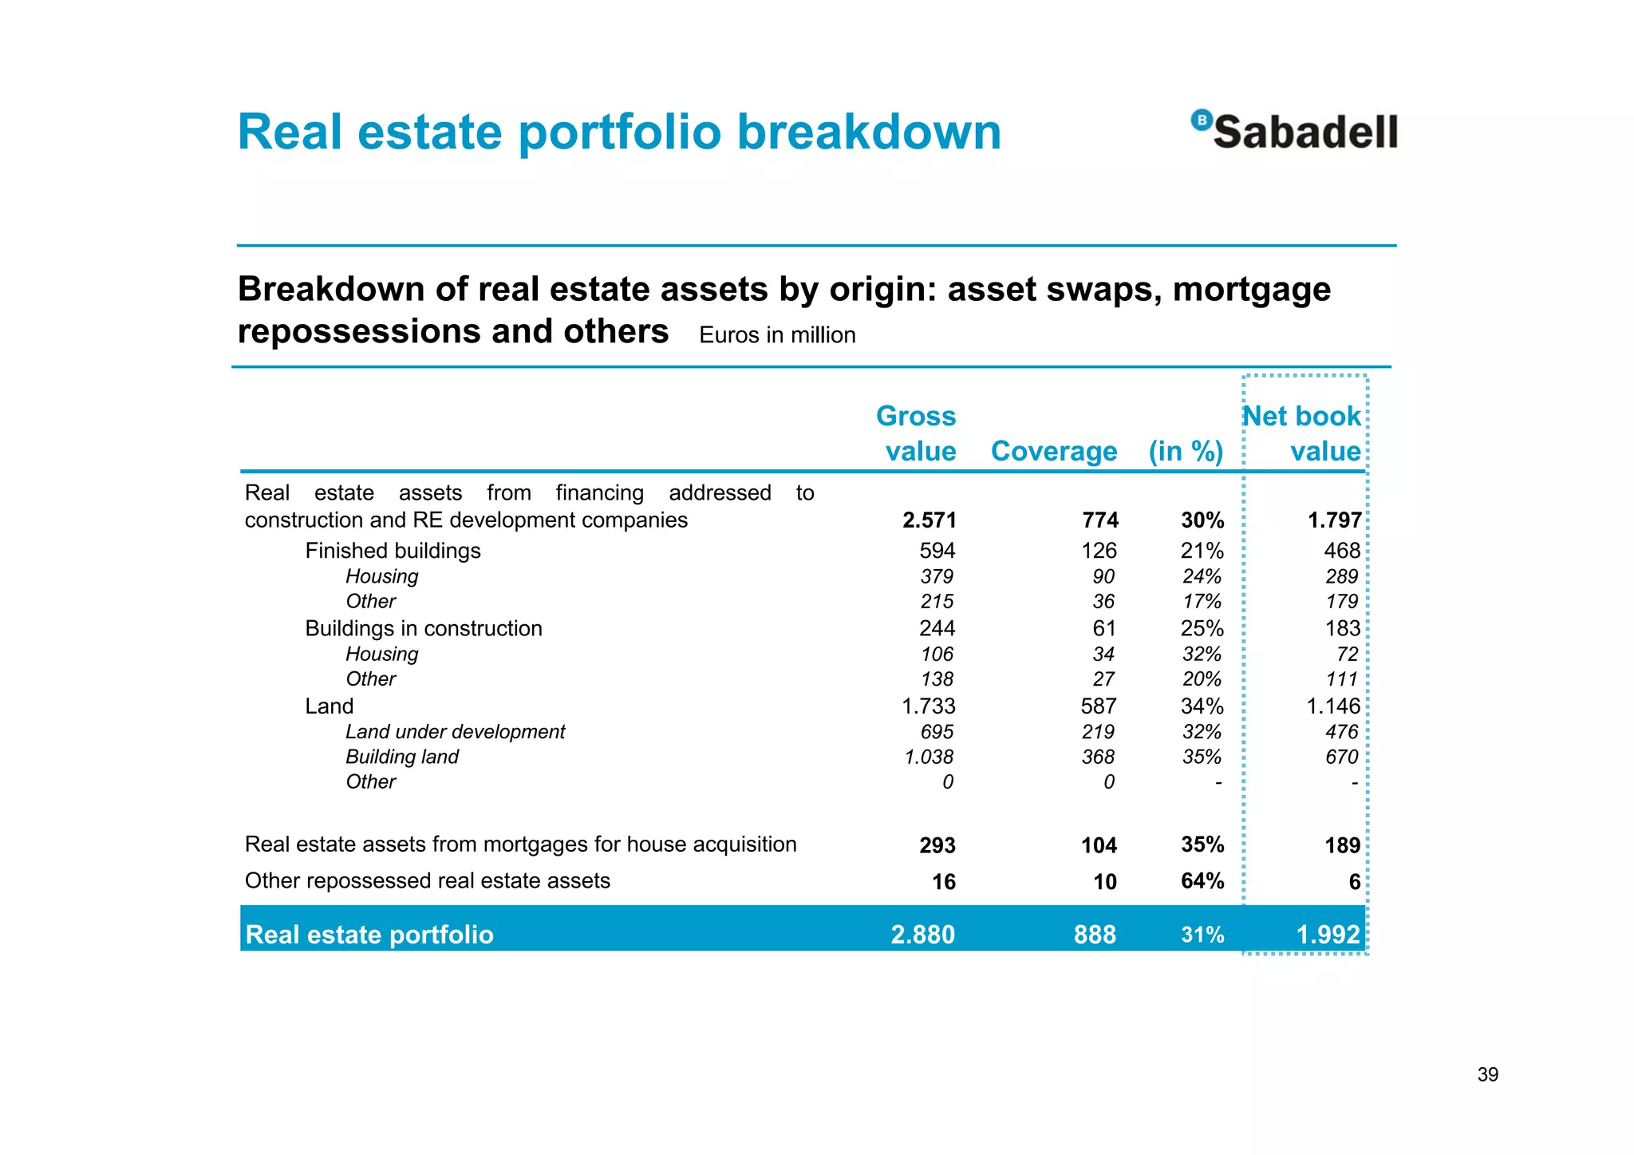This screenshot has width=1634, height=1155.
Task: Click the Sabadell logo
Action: (1294, 131)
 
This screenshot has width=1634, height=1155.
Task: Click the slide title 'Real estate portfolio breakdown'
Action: (619, 132)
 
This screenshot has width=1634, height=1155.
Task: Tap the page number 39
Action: (1487, 1074)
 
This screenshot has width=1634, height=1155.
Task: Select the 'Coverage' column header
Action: (1053, 451)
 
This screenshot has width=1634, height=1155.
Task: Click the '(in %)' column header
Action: (1186, 451)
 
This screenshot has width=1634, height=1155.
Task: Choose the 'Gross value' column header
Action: (917, 433)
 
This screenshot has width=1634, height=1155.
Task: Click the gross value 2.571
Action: (929, 520)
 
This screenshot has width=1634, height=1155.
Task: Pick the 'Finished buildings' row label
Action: (393, 551)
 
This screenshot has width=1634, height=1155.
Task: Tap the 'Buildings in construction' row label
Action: (423, 628)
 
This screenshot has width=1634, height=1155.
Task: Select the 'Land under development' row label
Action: (455, 732)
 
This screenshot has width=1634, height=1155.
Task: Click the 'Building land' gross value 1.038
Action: (929, 757)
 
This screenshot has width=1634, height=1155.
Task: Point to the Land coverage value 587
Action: (1099, 706)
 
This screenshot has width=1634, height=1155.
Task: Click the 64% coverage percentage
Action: (1202, 881)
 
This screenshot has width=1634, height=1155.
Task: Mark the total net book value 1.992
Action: (1328, 934)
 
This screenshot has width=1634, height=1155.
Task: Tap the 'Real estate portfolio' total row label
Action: (369, 935)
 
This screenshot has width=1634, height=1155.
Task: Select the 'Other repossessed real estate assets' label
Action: (427, 880)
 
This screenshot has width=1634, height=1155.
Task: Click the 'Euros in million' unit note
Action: (777, 335)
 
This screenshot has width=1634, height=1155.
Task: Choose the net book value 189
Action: (1342, 845)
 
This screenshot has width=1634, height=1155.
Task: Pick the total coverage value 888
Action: (1095, 934)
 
